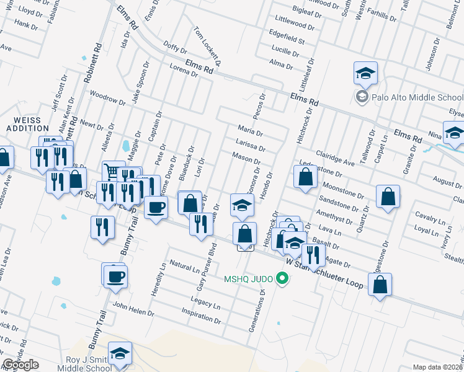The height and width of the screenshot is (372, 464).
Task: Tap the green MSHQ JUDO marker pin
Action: pyautogui.click(x=282, y=278)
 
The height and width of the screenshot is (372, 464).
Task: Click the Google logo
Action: pyautogui.click(x=20, y=365)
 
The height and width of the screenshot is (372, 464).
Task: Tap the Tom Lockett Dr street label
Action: pyautogui.click(x=207, y=46)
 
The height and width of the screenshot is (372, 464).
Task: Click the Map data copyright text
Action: pyautogui.click(x=437, y=367)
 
